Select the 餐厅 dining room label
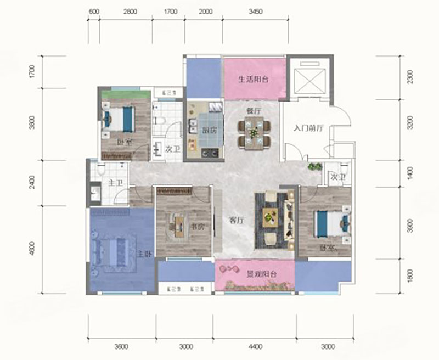point(253,111)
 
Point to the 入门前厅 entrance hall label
point(309,128)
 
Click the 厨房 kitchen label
point(208,131)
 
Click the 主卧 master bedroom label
point(144,254)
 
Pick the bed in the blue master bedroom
point(114,250)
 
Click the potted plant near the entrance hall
point(314,165)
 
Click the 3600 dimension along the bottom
point(122,347)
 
